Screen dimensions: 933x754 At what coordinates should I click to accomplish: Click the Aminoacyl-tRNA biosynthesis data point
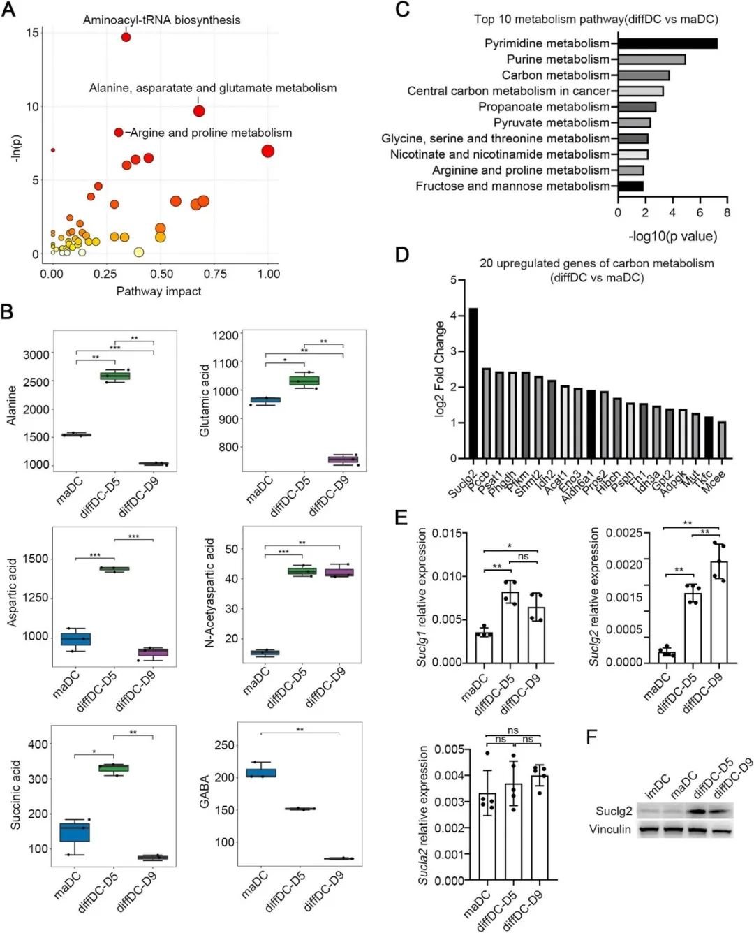pos(126,36)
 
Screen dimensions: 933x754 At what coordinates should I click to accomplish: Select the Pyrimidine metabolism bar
pos(667,43)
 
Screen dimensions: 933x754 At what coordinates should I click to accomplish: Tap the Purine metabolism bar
pos(651,59)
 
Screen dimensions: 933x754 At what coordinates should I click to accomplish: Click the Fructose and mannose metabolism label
pos(512,186)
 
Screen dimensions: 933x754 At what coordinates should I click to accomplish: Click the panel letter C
pos(402,10)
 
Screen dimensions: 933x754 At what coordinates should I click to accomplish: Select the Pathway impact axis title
pos(158,291)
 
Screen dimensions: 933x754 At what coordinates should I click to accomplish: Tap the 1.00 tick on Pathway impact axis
pos(269,274)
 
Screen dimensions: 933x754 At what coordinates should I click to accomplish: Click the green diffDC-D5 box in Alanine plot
pos(115,376)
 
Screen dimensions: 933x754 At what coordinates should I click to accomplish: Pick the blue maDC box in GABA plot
pos(260,773)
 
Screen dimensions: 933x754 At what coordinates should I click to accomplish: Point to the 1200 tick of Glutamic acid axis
pos(226,335)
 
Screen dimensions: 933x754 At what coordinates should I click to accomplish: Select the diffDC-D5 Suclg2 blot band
pos(698,811)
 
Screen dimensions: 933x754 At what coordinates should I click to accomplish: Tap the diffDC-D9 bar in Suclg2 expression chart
pos(719,612)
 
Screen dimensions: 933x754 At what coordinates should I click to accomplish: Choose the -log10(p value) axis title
pos(672,236)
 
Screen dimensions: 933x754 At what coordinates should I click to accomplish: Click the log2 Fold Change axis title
pos(440,369)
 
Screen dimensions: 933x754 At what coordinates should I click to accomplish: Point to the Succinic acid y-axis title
pos(15,795)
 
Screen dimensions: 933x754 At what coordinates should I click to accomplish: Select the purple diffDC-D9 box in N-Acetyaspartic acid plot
pos(340,573)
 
